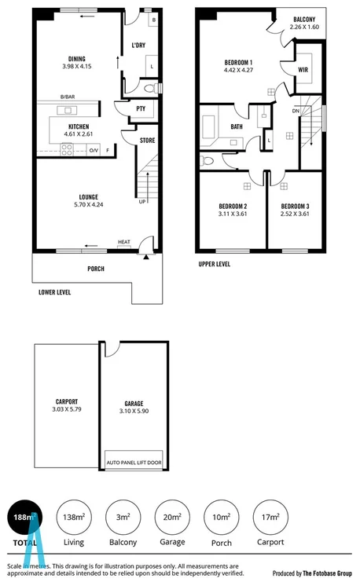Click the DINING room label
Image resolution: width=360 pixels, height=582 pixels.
[x=76, y=58]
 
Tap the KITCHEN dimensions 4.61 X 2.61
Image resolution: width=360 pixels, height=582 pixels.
[x=78, y=134]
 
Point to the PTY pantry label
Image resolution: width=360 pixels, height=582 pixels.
[x=141, y=108]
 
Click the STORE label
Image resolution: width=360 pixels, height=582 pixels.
[x=147, y=141]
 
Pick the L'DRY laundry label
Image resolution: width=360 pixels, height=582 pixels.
[x=138, y=46]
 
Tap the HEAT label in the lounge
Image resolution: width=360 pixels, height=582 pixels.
[x=123, y=242]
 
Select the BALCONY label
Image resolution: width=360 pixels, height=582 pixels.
[x=306, y=19]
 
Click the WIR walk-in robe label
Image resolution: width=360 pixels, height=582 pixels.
[x=303, y=70]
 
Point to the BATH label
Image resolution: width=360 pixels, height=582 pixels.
[x=236, y=126]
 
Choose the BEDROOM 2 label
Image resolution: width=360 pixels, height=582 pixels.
[x=233, y=206]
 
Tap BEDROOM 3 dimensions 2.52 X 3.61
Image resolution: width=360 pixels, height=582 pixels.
[x=296, y=213]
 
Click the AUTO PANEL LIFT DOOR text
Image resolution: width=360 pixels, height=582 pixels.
[x=133, y=463]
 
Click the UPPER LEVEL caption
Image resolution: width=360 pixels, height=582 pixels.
[x=214, y=265]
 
